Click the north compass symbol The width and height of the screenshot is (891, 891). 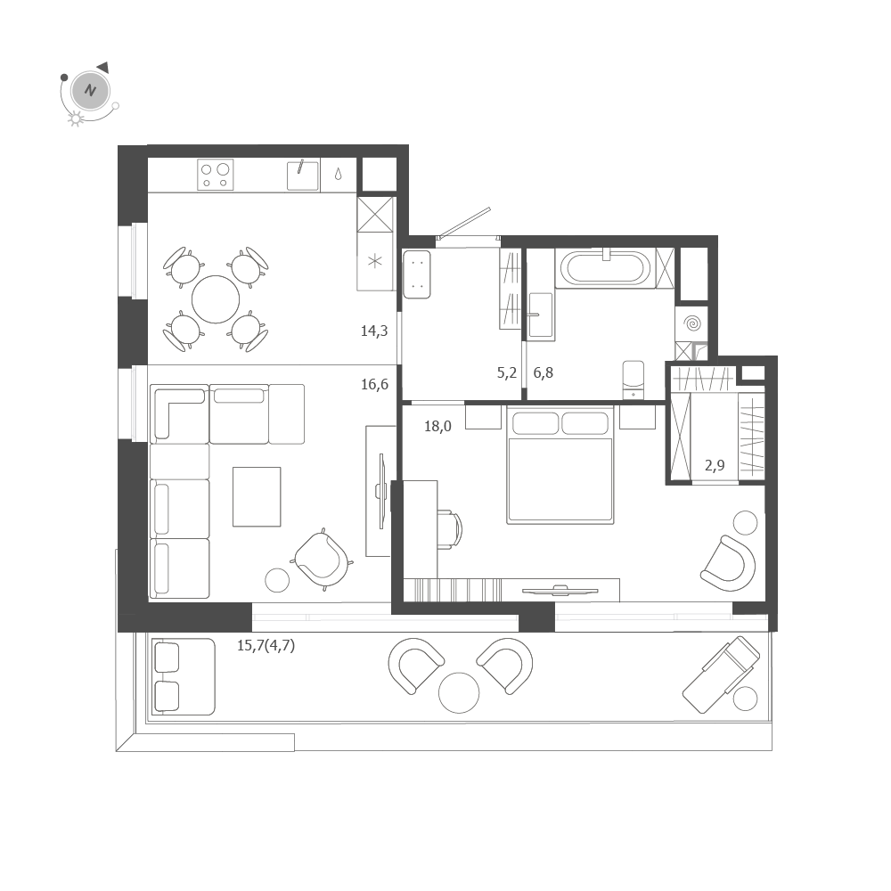point(90,90)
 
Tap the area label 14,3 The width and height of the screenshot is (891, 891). point(374,331)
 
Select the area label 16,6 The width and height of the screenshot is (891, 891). point(374,385)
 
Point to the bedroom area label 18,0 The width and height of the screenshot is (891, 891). point(437,427)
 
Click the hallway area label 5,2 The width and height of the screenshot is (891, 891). point(507,373)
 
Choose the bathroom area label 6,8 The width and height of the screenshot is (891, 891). point(544,373)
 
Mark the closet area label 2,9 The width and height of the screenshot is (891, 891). point(715,465)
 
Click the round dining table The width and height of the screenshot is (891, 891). point(216,299)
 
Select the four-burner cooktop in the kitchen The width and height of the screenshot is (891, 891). point(215,175)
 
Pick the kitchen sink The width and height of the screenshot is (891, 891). point(302,176)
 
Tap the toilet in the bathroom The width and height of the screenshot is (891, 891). point(633,379)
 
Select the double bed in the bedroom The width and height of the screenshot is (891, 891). point(560,466)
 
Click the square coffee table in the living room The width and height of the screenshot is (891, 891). point(257,496)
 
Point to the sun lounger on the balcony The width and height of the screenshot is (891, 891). point(721,674)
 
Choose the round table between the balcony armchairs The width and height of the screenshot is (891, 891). point(459,692)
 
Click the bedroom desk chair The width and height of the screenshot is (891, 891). point(449,529)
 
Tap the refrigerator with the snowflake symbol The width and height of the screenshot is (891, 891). point(375,261)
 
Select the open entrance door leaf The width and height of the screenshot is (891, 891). point(464,223)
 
